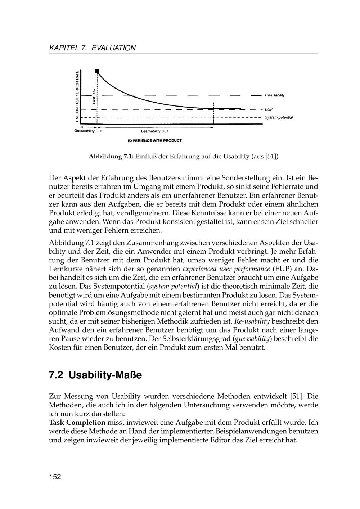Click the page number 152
[55, 477]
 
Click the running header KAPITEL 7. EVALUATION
[92, 48]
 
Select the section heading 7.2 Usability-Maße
[95, 375]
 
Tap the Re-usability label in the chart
[275, 95]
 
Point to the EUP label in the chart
[269, 109]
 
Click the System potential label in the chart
[279, 118]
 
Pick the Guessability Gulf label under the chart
[88, 131]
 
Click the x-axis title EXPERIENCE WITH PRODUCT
[154, 140]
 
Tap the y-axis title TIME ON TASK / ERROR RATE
[77, 97]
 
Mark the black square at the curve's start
[97, 71]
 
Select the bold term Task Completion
[77, 423]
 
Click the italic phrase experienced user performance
[226, 269]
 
